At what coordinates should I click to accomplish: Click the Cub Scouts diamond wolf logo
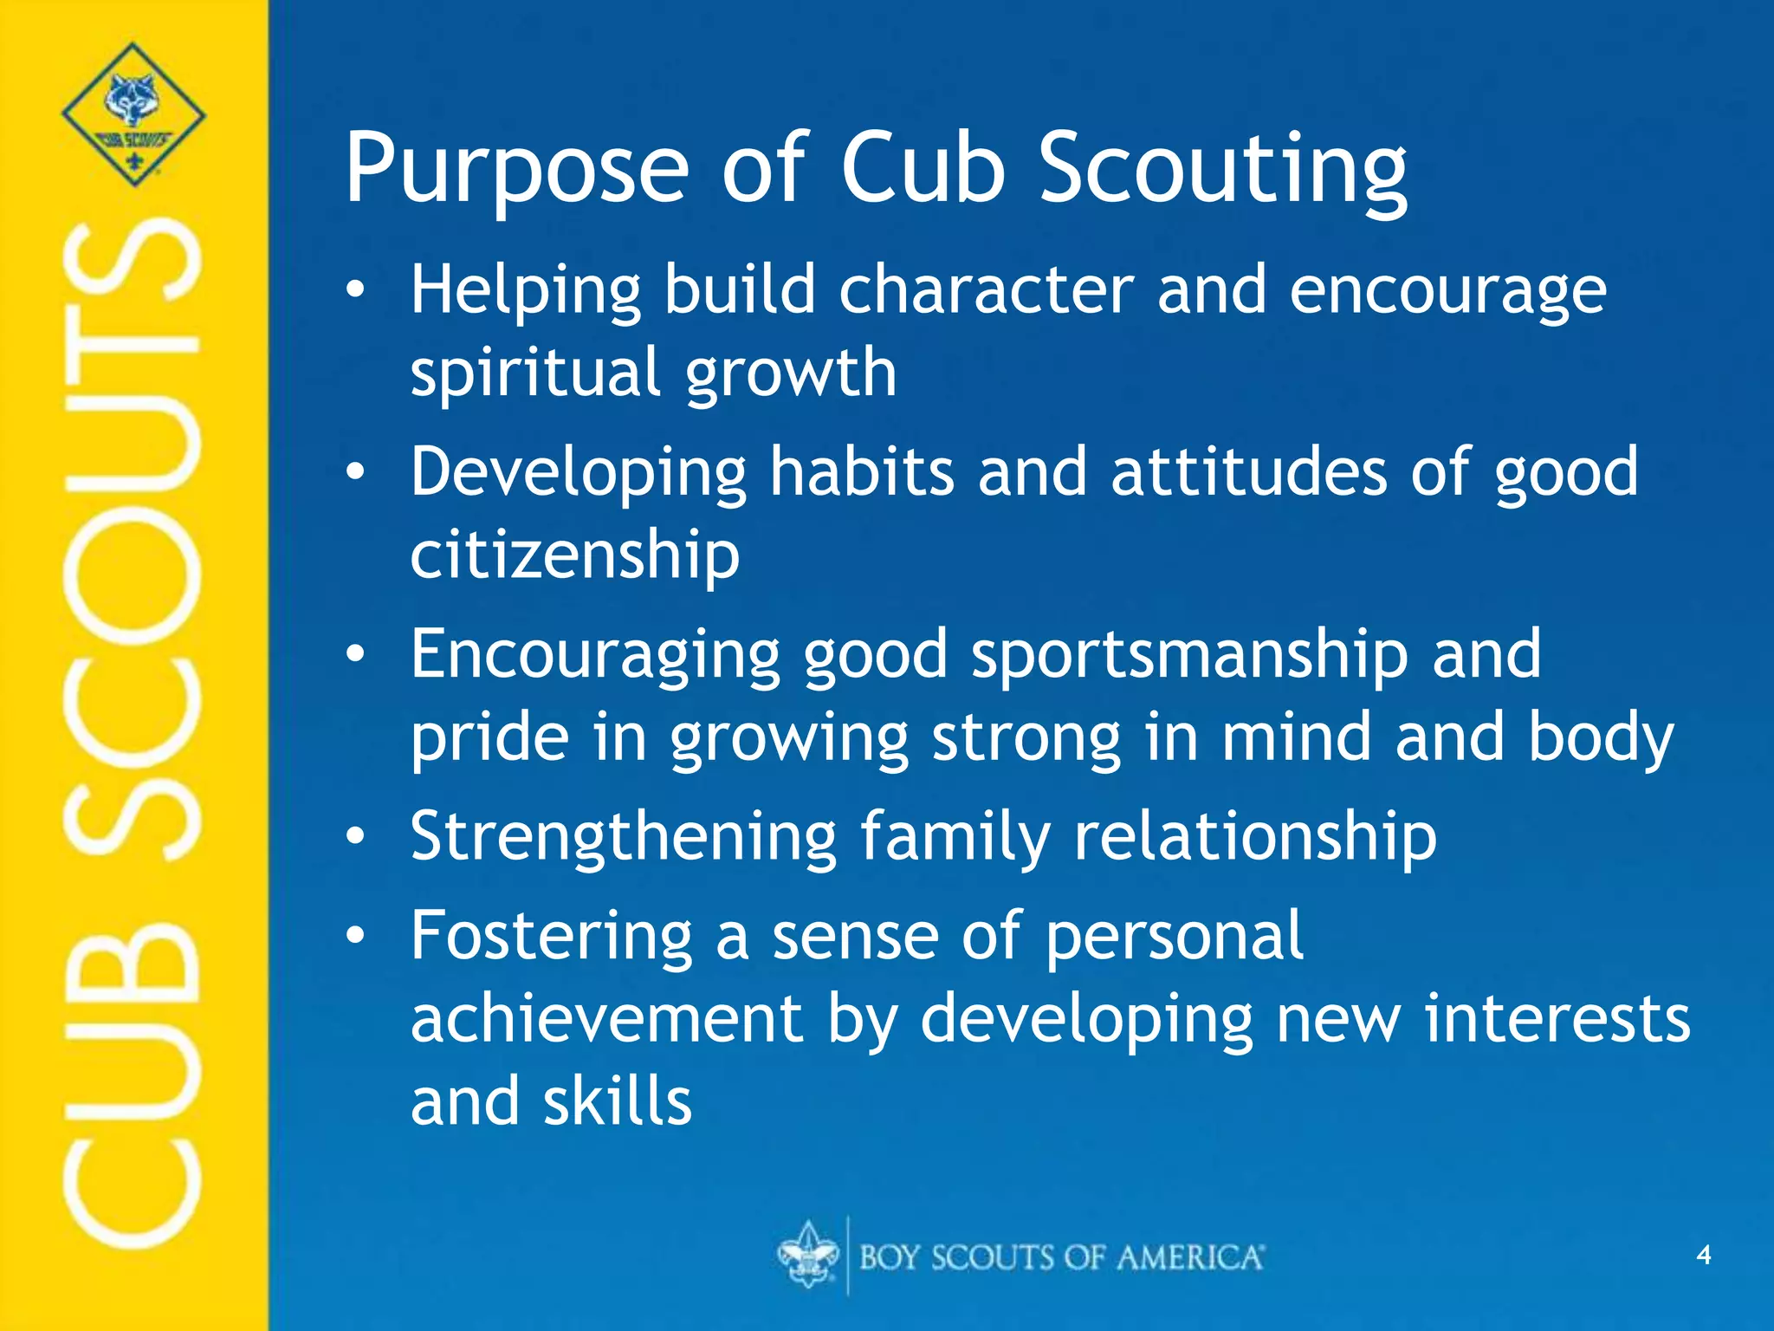click(x=133, y=114)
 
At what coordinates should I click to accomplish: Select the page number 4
click(x=1703, y=1255)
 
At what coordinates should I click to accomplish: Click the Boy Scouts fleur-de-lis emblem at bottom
click(x=807, y=1255)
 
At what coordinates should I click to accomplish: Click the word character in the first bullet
click(x=986, y=290)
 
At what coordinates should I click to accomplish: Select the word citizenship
click(x=574, y=555)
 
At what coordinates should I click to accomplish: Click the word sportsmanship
click(x=1189, y=654)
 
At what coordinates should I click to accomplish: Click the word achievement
click(x=606, y=1019)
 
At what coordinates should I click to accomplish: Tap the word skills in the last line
click(x=618, y=1102)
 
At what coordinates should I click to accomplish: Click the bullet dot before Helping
click(x=355, y=291)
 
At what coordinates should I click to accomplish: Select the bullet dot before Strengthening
click(x=355, y=837)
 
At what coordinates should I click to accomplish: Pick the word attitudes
click(x=1248, y=472)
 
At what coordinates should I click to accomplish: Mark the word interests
click(x=1557, y=1019)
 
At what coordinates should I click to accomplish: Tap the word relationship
click(x=1255, y=837)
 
